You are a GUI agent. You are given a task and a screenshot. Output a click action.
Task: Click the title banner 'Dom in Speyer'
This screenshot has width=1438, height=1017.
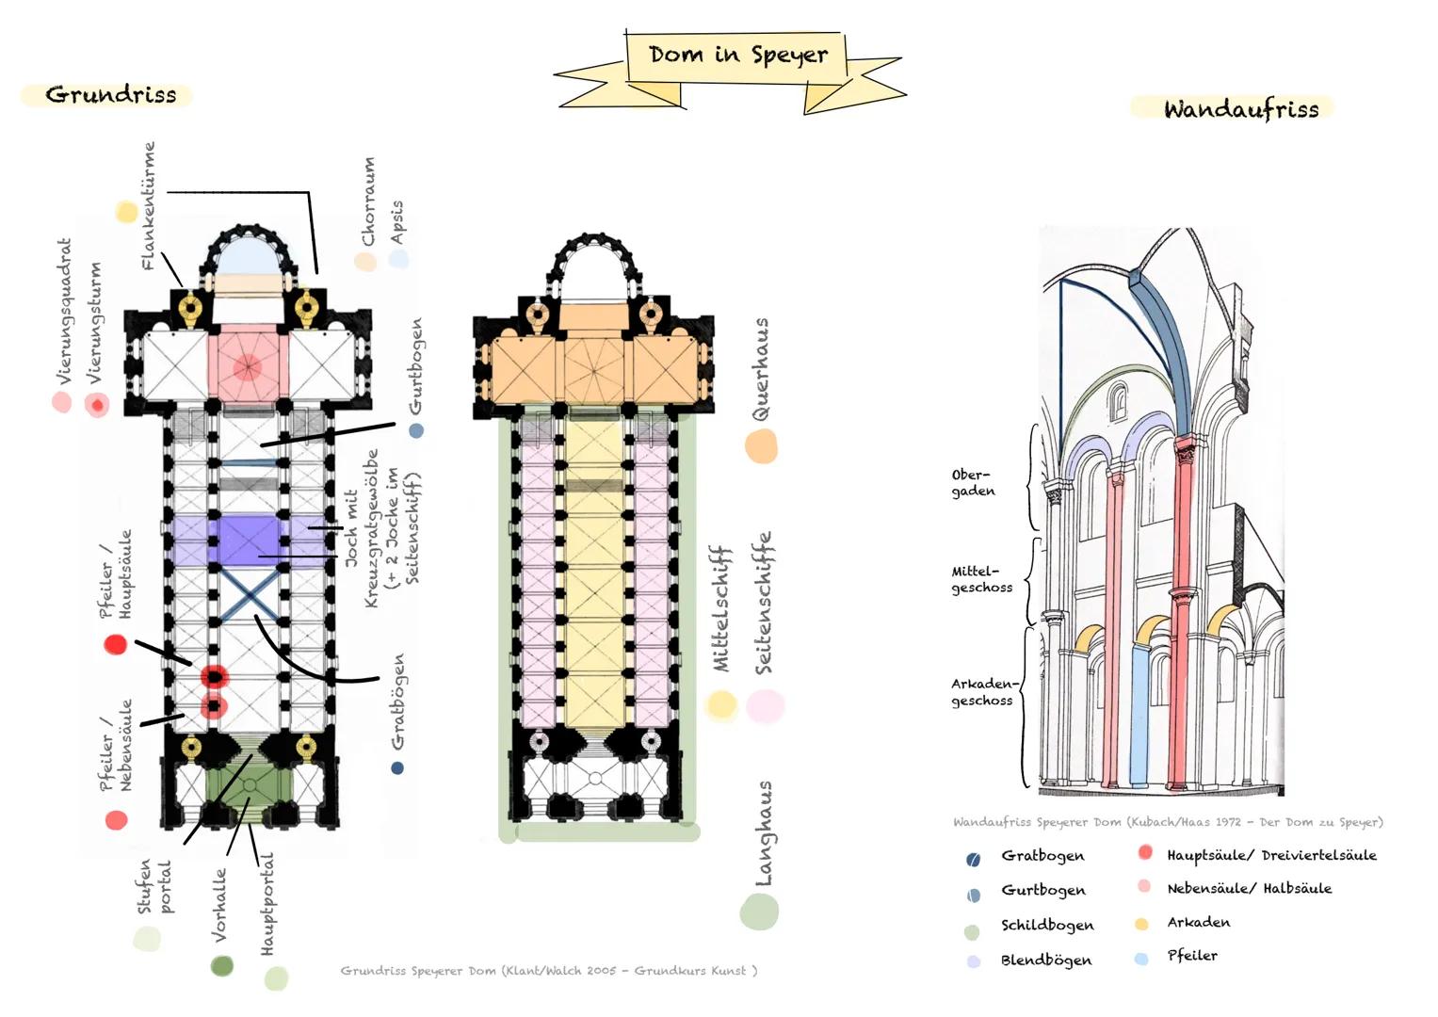click(737, 56)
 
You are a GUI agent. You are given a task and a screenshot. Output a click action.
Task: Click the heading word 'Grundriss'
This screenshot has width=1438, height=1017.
click(110, 95)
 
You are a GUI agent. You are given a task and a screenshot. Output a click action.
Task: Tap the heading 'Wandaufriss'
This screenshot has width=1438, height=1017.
click(1240, 109)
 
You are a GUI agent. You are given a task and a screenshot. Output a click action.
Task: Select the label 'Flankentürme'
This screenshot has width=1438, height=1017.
click(148, 205)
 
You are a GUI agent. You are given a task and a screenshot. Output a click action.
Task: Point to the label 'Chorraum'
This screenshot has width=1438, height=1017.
click(368, 201)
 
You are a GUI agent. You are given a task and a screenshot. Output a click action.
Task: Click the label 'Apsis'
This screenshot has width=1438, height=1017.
click(396, 222)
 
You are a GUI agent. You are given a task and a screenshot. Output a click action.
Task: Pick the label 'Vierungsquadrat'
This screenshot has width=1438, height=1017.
click(64, 311)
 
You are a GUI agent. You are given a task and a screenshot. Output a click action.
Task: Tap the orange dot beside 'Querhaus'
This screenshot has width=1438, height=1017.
click(761, 446)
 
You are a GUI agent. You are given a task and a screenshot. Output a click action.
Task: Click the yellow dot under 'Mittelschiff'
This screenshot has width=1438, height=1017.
click(720, 704)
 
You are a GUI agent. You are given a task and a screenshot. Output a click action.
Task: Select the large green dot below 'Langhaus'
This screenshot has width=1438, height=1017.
click(759, 912)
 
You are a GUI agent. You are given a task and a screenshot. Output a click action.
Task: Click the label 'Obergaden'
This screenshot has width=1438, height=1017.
click(972, 483)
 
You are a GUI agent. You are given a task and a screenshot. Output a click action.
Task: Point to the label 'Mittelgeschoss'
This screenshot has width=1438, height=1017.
click(980, 579)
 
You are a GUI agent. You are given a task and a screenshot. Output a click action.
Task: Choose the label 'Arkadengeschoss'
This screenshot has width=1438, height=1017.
click(982, 692)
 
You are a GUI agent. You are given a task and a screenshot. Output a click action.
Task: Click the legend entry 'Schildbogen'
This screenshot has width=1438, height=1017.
click(1046, 926)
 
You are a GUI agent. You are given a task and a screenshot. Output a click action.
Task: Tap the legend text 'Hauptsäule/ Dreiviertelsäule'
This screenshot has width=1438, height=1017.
click(1270, 856)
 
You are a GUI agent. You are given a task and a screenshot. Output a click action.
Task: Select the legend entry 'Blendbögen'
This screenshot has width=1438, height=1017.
click(1045, 960)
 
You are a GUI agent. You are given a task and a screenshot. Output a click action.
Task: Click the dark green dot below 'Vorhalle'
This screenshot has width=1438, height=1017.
click(221, 966)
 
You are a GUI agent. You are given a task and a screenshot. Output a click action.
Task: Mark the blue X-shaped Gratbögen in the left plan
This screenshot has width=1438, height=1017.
click(249, 592)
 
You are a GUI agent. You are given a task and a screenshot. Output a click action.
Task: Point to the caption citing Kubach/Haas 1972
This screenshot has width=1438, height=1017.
click(1167, 822)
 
